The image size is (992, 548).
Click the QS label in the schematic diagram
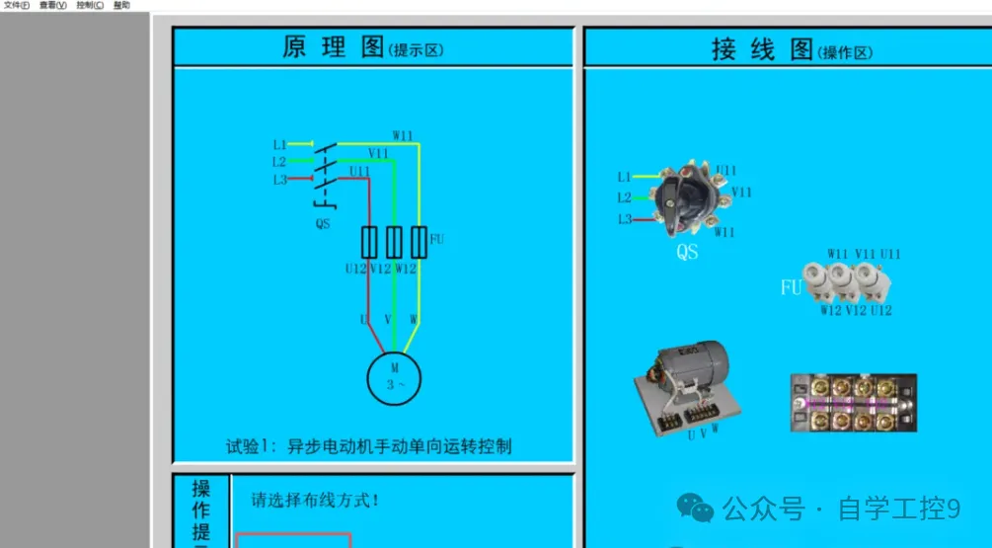pos(323,223)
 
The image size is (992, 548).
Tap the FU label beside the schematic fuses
pos(437,240)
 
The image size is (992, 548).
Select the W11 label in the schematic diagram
pos(403,135)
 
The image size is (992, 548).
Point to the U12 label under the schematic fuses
pos(356,269)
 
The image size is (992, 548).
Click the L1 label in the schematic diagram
pos(279,145)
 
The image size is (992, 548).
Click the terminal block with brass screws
pos(854,403)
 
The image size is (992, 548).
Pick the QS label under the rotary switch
pos(687,252)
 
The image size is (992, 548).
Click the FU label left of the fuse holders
pos(791,288)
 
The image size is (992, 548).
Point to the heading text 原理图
pos(333,47)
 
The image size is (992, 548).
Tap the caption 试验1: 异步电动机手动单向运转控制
pos(369,446)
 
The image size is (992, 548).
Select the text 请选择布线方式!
pos(316,500)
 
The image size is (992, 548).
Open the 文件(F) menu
pos(17,5)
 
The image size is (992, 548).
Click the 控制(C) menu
pos(90,5)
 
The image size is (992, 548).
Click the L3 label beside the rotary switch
pos(624,219)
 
